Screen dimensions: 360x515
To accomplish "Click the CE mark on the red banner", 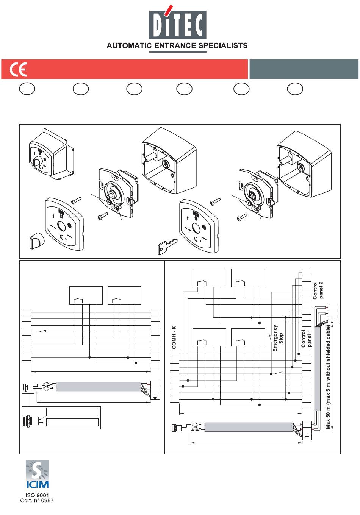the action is [x=18, y=69].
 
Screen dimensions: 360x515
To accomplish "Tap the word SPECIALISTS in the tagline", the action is [x=223, y=45].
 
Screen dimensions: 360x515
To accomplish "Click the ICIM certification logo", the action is [x=37, y=474].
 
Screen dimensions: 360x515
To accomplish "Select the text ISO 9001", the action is [x=37, y=495].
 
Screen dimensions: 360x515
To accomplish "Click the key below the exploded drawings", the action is [x=167, y=246].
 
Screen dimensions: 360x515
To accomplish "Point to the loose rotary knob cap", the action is [x=37, y=241].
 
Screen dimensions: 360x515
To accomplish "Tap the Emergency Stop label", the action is [x=278, y=338].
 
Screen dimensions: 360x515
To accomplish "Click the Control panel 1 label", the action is [x=307, y=339].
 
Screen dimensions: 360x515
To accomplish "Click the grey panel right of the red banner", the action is [x=304, y=69].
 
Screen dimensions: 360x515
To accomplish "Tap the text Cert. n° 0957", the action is [x=37, y=500].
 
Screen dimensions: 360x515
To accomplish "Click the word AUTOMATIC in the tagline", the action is [x=129, y=45].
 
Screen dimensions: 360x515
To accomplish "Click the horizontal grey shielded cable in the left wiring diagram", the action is [x=99, y=387].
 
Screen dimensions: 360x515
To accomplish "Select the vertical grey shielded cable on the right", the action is [x=317, y=369].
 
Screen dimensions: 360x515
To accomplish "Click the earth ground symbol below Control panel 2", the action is [x=332, y=319].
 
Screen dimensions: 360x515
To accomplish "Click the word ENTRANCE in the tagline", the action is [x=175, y=45].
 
